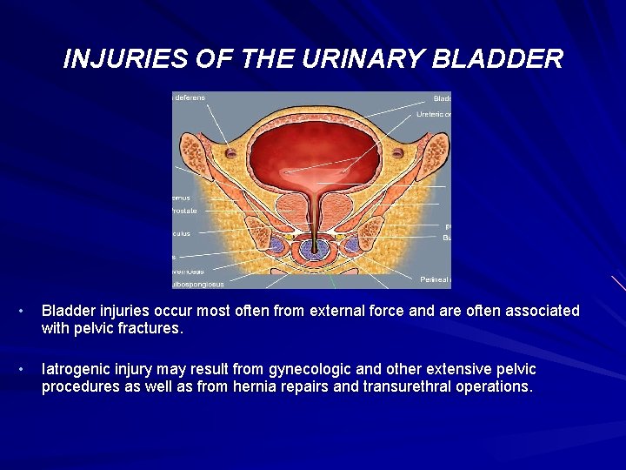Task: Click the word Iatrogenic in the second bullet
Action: coord(77,370)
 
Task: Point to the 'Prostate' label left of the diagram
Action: coord(185,211)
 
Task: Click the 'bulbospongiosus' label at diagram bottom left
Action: coord(198,284)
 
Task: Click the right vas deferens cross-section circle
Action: coord(398,153)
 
